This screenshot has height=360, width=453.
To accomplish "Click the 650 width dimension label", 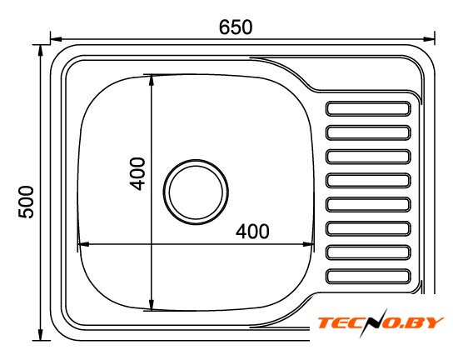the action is pyautogui.click(x=236, y=27).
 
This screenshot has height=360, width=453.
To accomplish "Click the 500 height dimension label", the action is pyautogui.click(x=26, y=202).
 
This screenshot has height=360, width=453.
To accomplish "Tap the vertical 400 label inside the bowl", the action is pyautogui.click(x=137, y=173).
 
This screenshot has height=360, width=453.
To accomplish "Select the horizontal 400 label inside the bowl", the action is pyautogui.click(x=252, y=231).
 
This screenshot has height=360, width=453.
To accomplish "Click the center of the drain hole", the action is pyautogui.click(x=196, y=192).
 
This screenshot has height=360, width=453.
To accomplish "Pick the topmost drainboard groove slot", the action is pyautogui.click(x=368, y=108).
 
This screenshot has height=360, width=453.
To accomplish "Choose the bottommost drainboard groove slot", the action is pyautogui.click(x=368, y=276).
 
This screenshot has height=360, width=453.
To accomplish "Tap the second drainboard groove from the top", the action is pyautogui.click(x=368, y=132).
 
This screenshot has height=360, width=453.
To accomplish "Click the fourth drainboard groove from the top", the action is pyautogui.click(x=368, y=181).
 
